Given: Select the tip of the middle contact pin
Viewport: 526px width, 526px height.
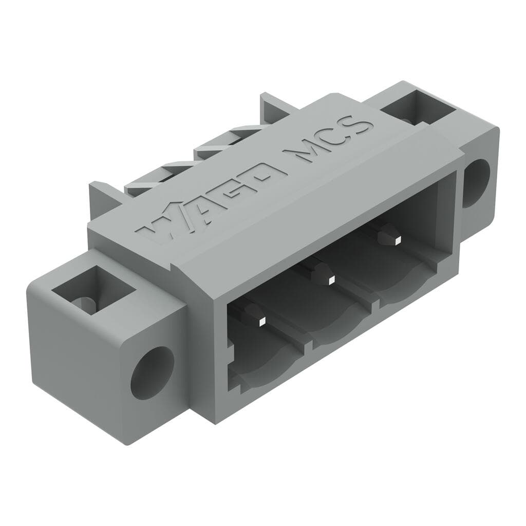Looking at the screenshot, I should coord(331,279).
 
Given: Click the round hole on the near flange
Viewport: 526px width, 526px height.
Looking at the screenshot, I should coord(152,372).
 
